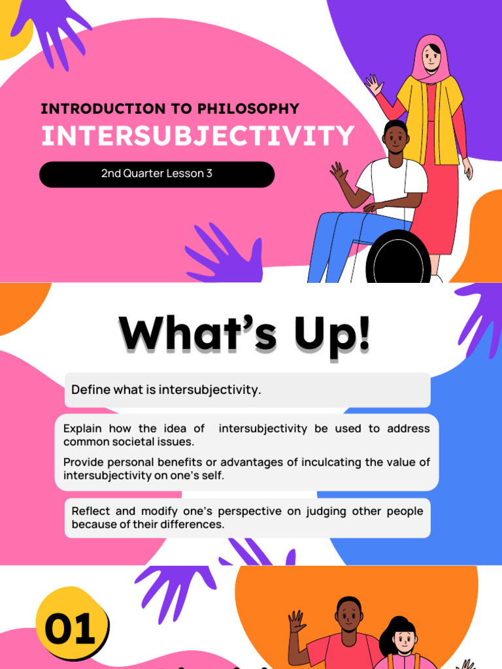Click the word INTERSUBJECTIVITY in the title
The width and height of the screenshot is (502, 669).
click(197, 137)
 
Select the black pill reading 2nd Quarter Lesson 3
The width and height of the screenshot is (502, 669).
click(157, 174)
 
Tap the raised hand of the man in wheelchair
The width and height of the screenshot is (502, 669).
click(339, 173)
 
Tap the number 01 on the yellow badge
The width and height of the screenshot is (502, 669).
click(69, 630)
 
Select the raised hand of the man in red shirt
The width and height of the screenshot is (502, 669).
click(297, 621)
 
